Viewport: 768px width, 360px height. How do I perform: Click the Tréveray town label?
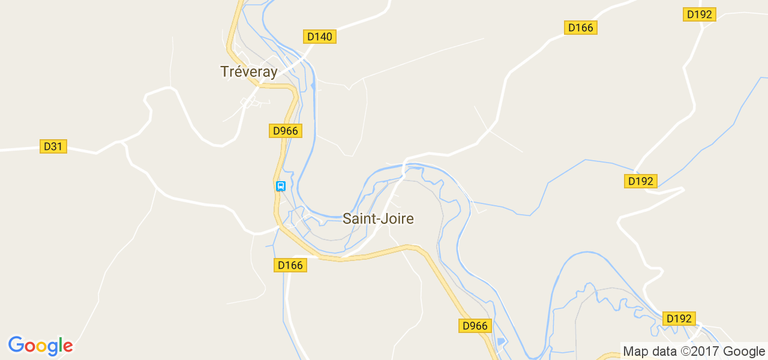pos(249,72)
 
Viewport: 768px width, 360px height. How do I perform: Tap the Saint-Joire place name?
pos(378,219)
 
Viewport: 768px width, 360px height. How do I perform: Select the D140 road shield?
pos(319,37)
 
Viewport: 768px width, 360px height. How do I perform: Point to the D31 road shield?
pos(53,146)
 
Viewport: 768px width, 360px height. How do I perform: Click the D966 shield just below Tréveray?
pos(285,131)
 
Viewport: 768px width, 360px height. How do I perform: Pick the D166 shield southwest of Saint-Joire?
pos(290,265)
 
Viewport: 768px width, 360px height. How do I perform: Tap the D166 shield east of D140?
pos(581,28)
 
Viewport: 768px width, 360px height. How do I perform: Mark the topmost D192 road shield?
pos(700,14)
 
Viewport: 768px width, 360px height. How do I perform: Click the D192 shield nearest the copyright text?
pos(679,319)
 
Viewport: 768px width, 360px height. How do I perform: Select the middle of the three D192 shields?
pos(641,181)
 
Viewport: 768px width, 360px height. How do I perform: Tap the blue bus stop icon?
pos(280,186)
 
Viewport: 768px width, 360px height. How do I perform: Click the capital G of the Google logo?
pos(16,345)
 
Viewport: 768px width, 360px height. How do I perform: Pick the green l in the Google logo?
pos(61,345)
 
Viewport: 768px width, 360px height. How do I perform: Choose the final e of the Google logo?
pos(68,347)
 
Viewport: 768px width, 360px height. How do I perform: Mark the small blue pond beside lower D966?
pos(502,342)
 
